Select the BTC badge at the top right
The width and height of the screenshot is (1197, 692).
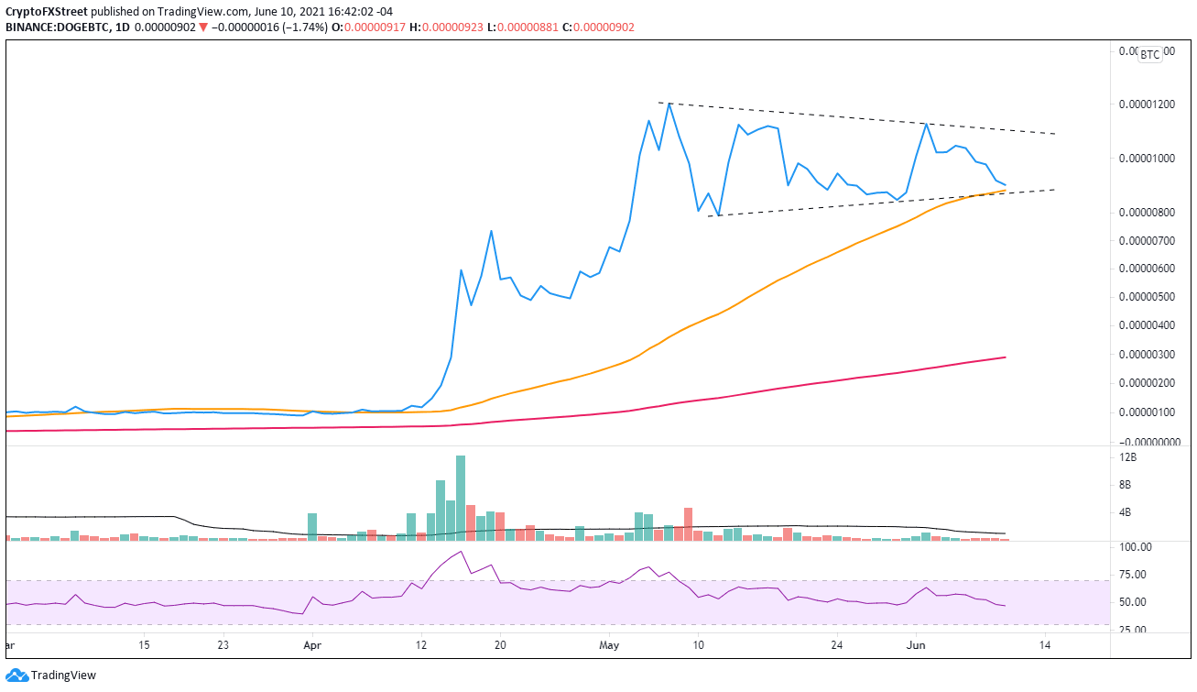pyautogui.click(x=1148, y=54)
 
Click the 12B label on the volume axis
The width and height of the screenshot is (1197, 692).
pyautogui.click(x=1125, y=456)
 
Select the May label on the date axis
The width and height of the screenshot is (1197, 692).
pyautogui.click(x=609, y=645)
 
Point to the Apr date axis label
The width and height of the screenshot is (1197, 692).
pyautogui.click(x=311, y=645)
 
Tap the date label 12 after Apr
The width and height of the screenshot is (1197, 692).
pyautogui.click(x=419, y=645)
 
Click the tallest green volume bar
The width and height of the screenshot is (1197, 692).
pyautogui.click(x=460, y=495)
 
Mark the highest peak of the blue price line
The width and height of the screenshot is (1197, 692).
pyautogui.click(x=669, y=104)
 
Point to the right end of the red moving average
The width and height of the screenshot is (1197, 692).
pyautogui.click(x=1006, y=357)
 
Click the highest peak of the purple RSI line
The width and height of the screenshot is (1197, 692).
pyautogui.click(x=462, y=552)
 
